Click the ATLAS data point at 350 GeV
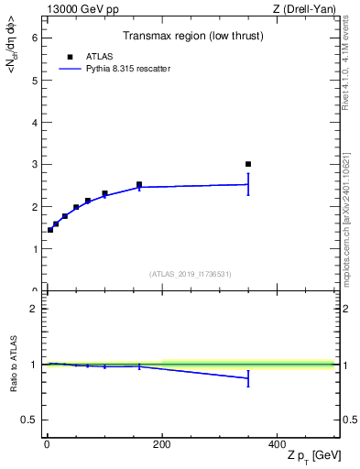[248, 164]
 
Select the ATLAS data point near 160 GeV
[139, 184]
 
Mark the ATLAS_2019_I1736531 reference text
[191, 274]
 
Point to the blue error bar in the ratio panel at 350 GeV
[248, 378]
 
